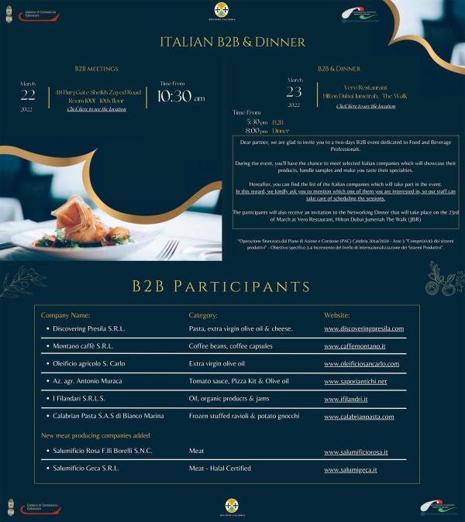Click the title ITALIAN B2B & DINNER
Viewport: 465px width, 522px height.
(x=232, y=42)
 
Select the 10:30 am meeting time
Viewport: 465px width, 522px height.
(x=180, y=98)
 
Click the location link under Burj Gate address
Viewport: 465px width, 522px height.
(x=96, y=109)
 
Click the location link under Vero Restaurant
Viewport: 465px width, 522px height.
(x=365, y=105)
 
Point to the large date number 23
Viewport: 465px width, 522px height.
(x=294, y=91)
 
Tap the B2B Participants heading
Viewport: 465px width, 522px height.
(x=232, y=287)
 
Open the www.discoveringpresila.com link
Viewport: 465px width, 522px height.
(x=363, y=328)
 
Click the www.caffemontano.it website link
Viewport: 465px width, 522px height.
(x=354, y=345)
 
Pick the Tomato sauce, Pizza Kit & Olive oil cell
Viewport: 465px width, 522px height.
(x=239, y=381)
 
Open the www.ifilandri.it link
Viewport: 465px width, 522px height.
(x=346, y=399)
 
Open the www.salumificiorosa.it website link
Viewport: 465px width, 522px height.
(x=356, y=452)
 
